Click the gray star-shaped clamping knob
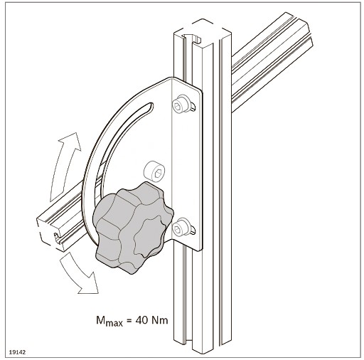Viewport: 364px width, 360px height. click(x=133, y=228)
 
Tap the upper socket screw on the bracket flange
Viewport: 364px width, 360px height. click(x=181, y=103)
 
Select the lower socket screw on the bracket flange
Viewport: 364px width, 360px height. click(x=181, y=227)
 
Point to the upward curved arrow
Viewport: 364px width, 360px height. click(x=63, y=166)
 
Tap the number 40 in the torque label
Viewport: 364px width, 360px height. click(x=141, y=320)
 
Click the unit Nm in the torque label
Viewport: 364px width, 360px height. click(x=160, y=320)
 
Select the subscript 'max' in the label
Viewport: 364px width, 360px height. click(x=114, y=323)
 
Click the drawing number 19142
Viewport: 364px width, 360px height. click(x=17, y=352)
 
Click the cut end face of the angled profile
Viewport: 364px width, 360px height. click(x=51, y=233)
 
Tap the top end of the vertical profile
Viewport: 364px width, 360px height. click(x=202, y=33)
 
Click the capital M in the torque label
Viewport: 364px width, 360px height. click(x=101, y=320)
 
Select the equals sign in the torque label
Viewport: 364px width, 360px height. click(x=129, y=321)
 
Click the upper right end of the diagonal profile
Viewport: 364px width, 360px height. click(x=299, y=31)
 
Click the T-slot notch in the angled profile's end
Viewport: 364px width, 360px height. click(x=56, y=236)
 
